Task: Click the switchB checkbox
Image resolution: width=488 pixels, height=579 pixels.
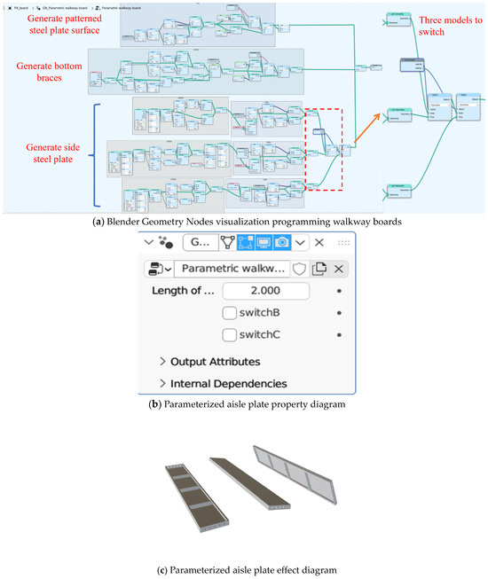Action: pos(230,313)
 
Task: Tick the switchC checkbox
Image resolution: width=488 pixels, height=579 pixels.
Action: pos(230,335)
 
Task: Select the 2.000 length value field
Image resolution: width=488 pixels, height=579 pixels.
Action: pos(265,292)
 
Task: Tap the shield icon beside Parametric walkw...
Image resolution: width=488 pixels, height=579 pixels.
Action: pos(300,268)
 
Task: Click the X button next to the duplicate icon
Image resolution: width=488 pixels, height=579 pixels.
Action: pos(339,268)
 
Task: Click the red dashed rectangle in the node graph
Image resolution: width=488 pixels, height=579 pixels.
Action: pos(325,149)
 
